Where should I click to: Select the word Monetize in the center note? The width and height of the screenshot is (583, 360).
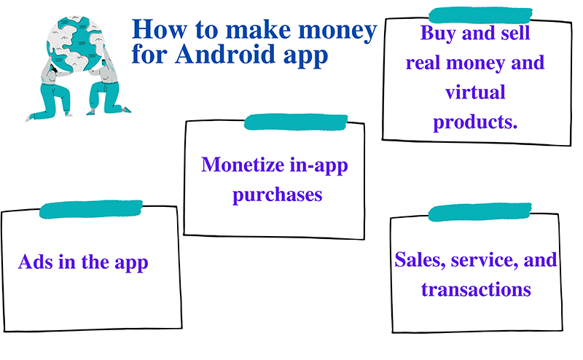point(243,164)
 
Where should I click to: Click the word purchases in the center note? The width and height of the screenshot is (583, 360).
point(278,195)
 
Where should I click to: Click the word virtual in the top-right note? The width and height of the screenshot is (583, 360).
point(475,92)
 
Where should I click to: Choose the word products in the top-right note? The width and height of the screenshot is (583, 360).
point(472,122)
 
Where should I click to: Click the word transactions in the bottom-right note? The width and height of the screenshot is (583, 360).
point(476,289)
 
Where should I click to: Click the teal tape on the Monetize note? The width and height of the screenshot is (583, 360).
point(296,122)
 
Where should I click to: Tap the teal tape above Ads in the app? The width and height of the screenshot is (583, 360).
point(91,209)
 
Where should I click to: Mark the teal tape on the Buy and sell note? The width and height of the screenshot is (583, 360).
point(480,15)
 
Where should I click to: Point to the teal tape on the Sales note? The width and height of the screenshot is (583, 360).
point(480,212)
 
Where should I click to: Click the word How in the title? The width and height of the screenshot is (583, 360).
point(159,29)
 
